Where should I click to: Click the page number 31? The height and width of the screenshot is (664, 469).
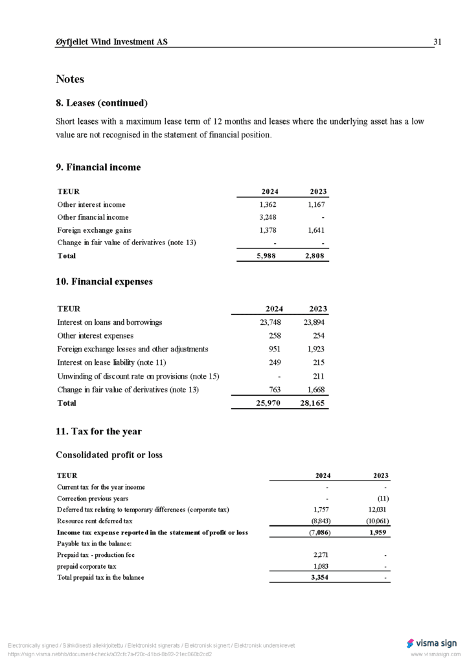(437, 42)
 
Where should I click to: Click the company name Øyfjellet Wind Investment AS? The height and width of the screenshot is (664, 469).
(111, 42)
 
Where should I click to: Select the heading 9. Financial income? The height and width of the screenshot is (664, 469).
(98, 167)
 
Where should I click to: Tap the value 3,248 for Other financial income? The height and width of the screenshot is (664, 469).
(268, 217)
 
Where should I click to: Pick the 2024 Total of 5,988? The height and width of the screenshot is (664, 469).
(266, 255)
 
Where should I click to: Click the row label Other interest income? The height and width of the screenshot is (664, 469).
(91, 204)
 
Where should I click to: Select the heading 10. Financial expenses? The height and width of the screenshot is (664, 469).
(104, 282)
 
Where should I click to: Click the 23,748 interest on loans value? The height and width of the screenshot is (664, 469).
(270, 322)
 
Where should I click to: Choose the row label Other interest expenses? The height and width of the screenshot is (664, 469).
(95, 336)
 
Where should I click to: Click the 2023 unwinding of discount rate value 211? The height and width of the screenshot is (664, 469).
(318, 376)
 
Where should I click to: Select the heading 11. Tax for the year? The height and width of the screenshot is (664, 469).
(98, 432)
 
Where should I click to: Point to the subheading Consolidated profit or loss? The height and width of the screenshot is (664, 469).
(109, 455)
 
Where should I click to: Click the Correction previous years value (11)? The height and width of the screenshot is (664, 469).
(382, 499)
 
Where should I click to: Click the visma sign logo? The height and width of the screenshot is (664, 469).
(431, 643)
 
